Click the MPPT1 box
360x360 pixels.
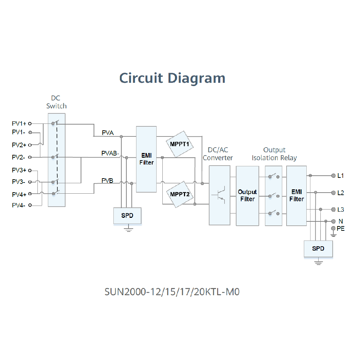point(180,145)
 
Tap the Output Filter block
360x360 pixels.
point(247,195)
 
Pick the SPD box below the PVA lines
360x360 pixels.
point(127,216)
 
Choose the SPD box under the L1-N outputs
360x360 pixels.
point(318,248)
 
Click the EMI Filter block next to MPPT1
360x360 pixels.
point(146,159)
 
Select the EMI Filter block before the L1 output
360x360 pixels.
point(296,195)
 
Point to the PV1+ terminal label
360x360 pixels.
point(19,123)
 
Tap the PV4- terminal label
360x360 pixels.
point(19,205)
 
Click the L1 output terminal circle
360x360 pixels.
point(333,176)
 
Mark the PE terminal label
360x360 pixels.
point(341,229)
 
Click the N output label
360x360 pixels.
point(340,221)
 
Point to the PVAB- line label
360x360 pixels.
point(110,153)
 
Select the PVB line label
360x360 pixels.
point(107,180)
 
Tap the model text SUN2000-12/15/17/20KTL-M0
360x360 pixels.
point(172,292)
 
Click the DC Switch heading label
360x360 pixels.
point(57,102)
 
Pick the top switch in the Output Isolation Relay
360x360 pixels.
point(274,176)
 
